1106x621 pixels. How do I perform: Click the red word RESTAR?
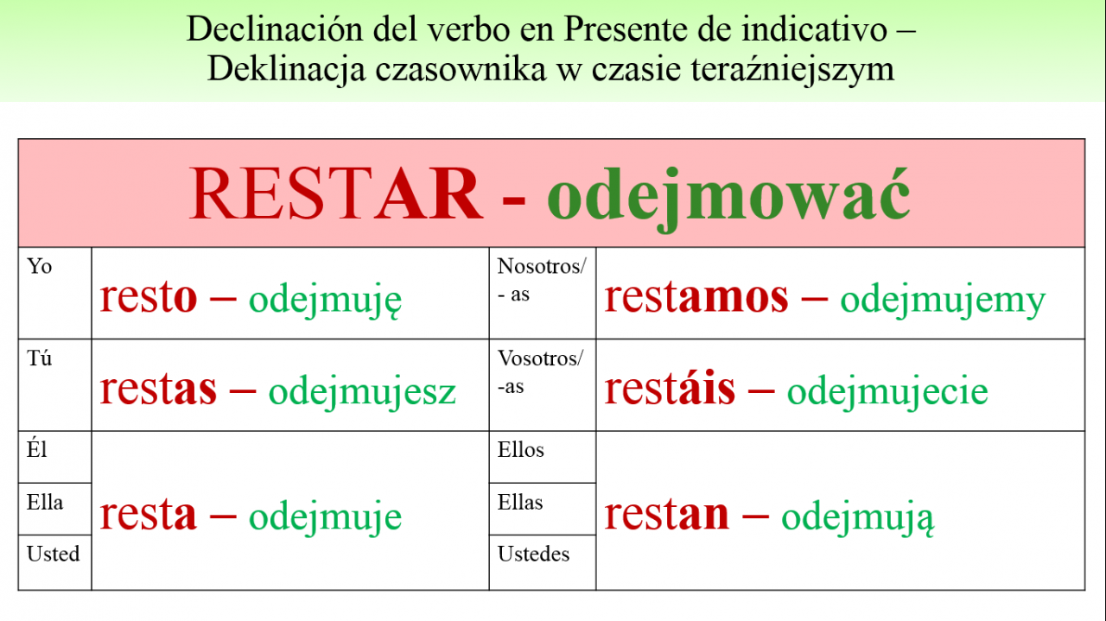point(336,193)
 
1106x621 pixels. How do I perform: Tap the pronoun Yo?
point(39,266)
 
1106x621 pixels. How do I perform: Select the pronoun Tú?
point(39,358)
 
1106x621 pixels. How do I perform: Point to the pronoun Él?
point(36,449)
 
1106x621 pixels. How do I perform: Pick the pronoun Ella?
point(45,502)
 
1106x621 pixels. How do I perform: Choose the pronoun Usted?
point(53,554)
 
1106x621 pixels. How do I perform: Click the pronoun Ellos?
point(520,450)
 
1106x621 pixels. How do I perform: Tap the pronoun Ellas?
point(520,502)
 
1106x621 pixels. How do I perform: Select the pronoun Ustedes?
point(533,554)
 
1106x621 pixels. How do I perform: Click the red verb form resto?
point(148,298)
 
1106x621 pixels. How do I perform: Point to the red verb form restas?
point(158,390)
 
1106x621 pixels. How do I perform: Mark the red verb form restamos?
point(696,298)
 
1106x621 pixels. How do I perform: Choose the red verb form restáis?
point(670,388)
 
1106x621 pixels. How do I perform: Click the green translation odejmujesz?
point(362,393)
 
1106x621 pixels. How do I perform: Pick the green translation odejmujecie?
point(887,393)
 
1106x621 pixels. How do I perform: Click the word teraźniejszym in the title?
point(792,70)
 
